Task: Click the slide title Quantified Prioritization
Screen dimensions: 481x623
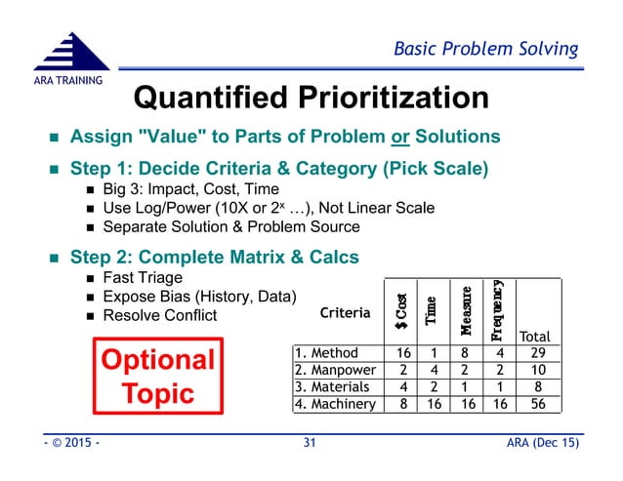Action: point(311,98)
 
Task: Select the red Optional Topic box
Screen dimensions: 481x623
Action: point(158,377)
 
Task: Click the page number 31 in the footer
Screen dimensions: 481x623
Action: point(311,445)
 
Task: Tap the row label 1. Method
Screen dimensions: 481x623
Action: point(327,353)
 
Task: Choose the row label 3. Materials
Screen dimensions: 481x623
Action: point(333,387)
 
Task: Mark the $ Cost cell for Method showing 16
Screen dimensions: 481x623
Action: point(400,353)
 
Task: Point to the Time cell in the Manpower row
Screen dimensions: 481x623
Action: point(433,371)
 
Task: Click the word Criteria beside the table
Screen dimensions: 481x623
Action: point(346,313)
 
